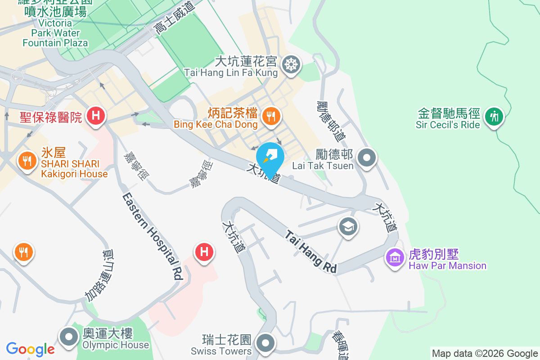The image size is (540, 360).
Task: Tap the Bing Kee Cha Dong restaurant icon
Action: point(270,117)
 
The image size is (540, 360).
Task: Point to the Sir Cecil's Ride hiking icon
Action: point(494,117)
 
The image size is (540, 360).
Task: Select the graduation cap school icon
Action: point(348,226)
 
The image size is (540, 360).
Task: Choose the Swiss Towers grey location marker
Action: point(265,343)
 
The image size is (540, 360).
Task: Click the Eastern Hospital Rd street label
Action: point(153,236)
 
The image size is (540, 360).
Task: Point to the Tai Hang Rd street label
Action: point(311,252)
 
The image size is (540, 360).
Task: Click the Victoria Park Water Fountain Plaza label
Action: point(55,33)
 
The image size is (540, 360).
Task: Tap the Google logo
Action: point(31,349)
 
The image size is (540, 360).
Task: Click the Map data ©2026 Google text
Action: point(485,354)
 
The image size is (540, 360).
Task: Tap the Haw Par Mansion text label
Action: point(447,265)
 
